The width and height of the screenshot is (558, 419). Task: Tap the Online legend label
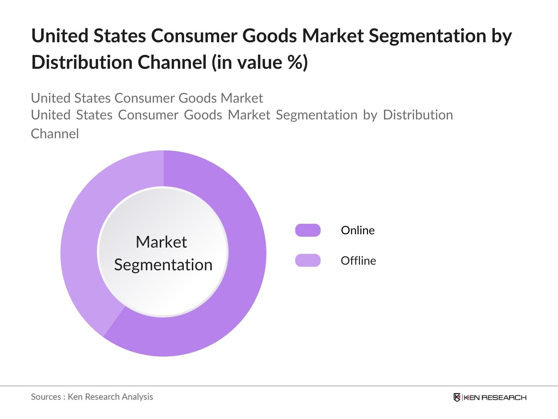point(357,230)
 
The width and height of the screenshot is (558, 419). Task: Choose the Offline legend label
point(358,261)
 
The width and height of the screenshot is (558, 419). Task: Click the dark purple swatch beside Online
point(308,230)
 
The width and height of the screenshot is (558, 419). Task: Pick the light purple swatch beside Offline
point(308,260)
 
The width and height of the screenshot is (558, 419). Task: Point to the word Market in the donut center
point(161,242)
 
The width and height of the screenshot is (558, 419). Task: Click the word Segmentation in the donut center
point(163,265)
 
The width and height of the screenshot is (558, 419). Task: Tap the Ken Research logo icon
point(457,397)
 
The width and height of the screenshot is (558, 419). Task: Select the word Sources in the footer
point(46,397)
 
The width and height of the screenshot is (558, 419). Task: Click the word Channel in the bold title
point(172,63)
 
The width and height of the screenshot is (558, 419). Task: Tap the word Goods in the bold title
point(270,36)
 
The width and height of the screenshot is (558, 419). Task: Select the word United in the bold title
point(60,36)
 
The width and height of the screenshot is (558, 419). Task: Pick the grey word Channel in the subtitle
point(55,134)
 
